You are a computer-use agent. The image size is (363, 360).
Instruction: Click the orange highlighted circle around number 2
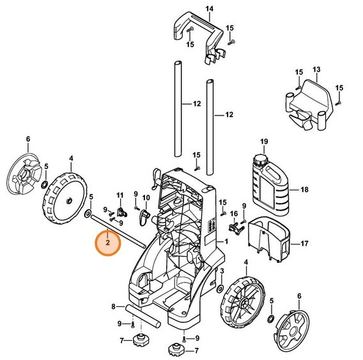click(x=107, y=243)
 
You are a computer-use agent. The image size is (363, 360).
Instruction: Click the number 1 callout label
click(x=225, y=241)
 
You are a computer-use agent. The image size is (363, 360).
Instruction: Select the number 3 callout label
click(x=221, y=271)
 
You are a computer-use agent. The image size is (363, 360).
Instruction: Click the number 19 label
click(x=263, y=140)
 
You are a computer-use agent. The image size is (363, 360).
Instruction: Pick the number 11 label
click(x=119, y=194)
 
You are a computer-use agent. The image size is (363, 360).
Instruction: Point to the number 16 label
click(x=234, y=214)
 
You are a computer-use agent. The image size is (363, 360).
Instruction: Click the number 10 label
click(x=146, y=197)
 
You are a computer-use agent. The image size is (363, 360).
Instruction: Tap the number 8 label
click(x=113, y=307)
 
